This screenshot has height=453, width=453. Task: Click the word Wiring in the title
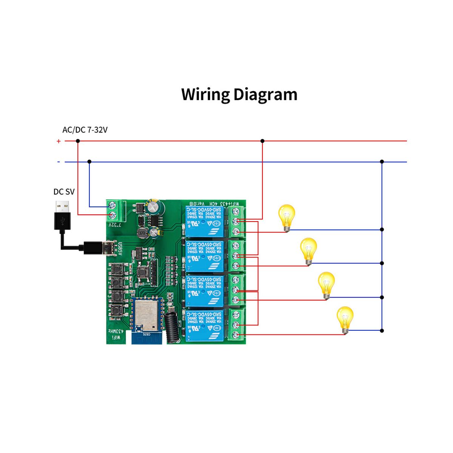coord(205,95)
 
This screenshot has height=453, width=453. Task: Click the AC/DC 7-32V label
coord(85,130)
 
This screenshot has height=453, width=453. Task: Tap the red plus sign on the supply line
coord(59,141)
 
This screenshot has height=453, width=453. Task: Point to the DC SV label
coord(64,192)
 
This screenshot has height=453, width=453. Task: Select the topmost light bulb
coord(287,217)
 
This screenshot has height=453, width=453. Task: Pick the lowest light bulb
coord(345,319)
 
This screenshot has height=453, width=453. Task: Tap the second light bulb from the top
coord(308,251)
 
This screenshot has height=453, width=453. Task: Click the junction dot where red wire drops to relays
coord(262,141)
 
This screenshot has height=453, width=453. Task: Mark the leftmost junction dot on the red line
coord(78,141)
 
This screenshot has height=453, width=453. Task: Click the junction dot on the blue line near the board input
coord(89,162)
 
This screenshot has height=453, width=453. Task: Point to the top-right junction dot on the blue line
coord(382,162)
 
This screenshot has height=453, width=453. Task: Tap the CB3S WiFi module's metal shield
coord(145,315)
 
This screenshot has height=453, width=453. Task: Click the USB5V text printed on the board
coord(120,249)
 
